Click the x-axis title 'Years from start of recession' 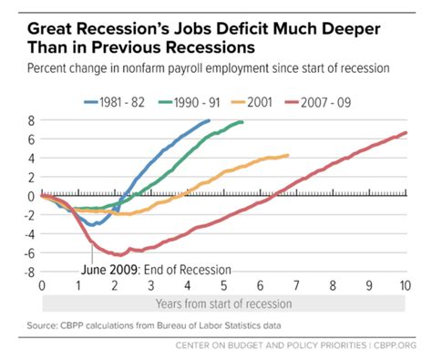(223, 303)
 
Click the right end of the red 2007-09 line (406, 133)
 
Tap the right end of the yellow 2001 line (288, 155)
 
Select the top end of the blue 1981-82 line (209, 120)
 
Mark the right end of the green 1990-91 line (242, 122)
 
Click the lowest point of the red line (117, 255)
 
